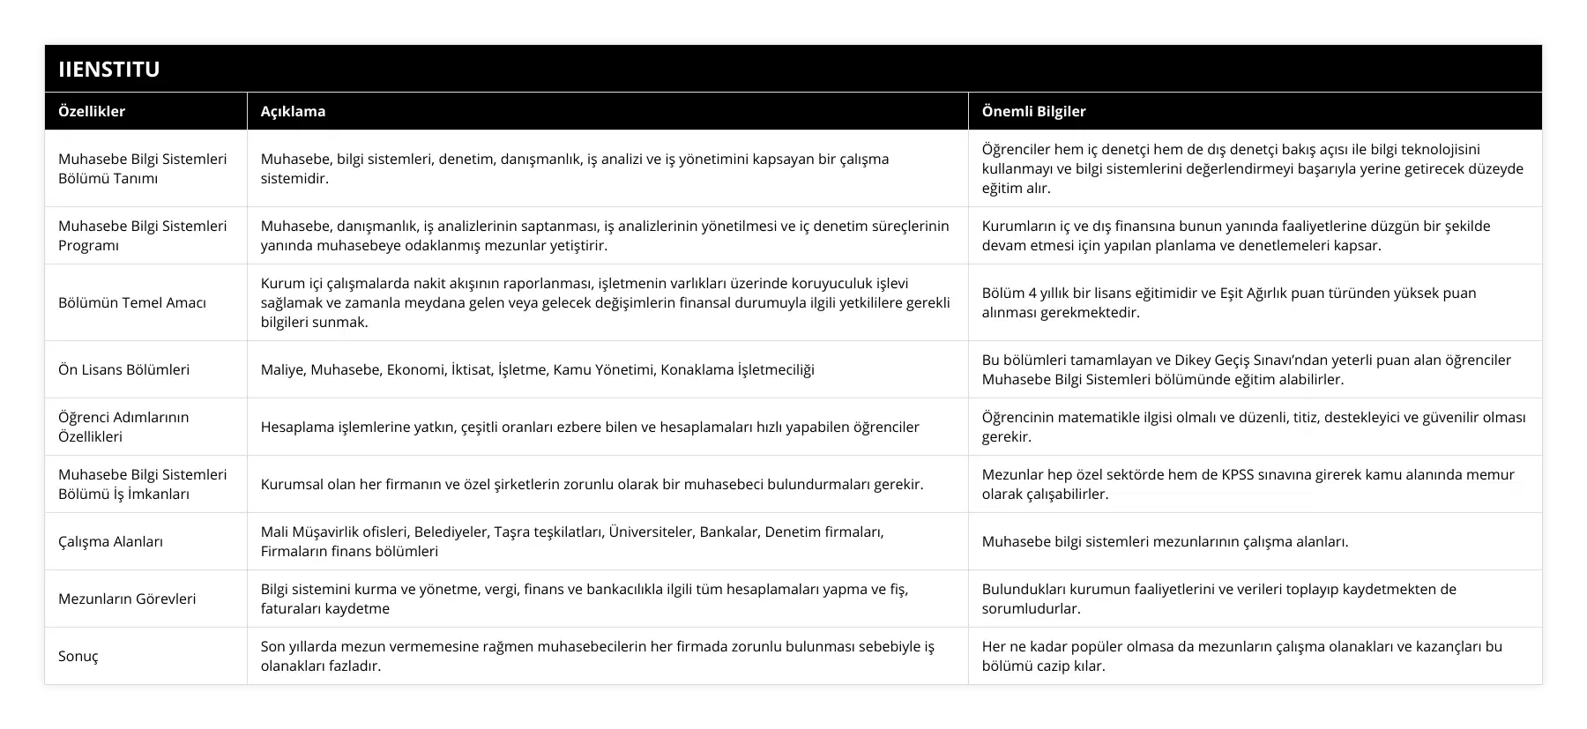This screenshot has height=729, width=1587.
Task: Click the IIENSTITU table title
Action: [x=108, y=69]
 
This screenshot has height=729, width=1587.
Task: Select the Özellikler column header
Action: [x=92, y=111]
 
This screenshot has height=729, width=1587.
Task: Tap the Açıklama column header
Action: [x=293, y=111]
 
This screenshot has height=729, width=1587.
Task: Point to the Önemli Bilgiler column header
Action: [x=1033, y=111]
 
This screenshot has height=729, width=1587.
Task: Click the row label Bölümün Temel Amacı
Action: [x=132, y=302]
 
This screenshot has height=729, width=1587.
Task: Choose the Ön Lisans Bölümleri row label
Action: [x=123, y=369]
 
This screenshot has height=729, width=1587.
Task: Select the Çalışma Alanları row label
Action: [x=110, y=541]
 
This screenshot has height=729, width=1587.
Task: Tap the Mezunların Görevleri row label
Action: [x=127, y=599]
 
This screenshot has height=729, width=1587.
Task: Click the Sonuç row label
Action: [x=78, y=656]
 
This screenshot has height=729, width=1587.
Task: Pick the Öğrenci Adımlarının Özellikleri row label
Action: [x=123, y=427]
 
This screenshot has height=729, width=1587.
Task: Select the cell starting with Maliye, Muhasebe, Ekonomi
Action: [x=537, y=369]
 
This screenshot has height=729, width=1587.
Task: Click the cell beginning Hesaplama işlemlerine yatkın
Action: [x=590, y=427]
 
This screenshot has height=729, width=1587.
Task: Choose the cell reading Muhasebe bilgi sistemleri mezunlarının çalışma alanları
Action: [x=1165, y=541]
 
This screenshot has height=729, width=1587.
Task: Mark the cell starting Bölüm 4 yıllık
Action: [x=1228, y=302]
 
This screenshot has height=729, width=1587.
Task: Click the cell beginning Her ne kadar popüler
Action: [x=1241, y=656]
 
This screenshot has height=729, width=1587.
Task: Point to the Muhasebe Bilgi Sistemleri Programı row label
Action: [x=142, y=235]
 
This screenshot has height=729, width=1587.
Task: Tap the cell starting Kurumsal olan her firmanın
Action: [x=592, y=484]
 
